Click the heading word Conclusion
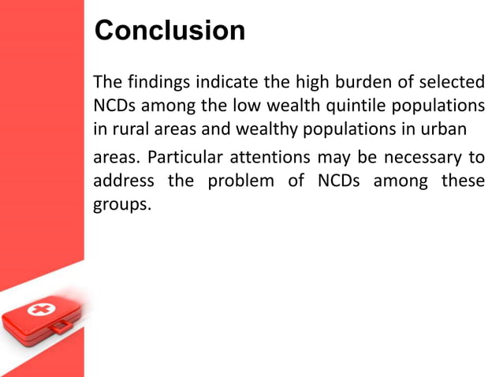click(x=170, y=31)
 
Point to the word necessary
click(x=423, y=159)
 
